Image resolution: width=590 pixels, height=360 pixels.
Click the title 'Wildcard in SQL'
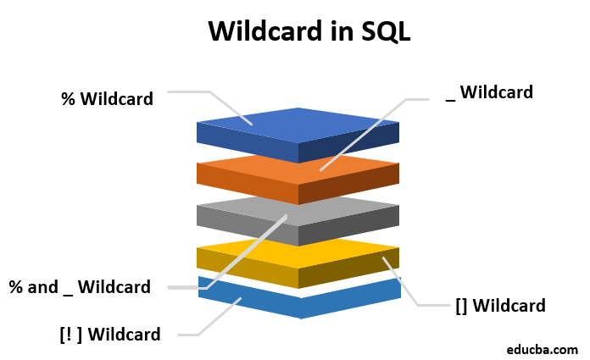[310, 30]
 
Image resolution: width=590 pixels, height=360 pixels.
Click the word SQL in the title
[383, 30]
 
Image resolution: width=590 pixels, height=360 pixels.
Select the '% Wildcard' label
[107, 99]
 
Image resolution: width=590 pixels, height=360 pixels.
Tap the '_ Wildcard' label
[489, 92]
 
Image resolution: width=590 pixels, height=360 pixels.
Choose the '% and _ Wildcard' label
[80, 287]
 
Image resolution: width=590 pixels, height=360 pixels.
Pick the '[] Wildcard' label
[500, 305]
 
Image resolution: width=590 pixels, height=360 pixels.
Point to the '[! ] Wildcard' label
[109, 334]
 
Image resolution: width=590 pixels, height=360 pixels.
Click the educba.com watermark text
[542, 347]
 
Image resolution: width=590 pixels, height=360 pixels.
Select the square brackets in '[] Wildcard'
[461, 305]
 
